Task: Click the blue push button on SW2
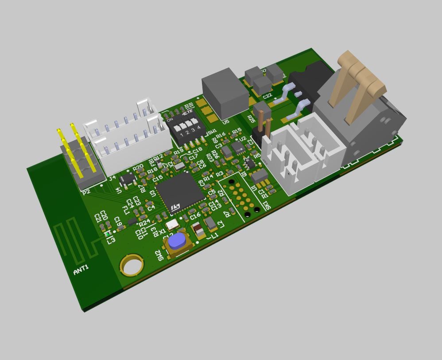177,240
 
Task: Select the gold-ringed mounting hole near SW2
132,266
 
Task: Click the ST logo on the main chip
176,207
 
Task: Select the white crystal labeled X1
173,224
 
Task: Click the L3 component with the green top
108,233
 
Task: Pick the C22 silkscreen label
267,96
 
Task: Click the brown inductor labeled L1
199,230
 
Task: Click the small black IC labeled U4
128,179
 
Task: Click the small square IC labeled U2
237,147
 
